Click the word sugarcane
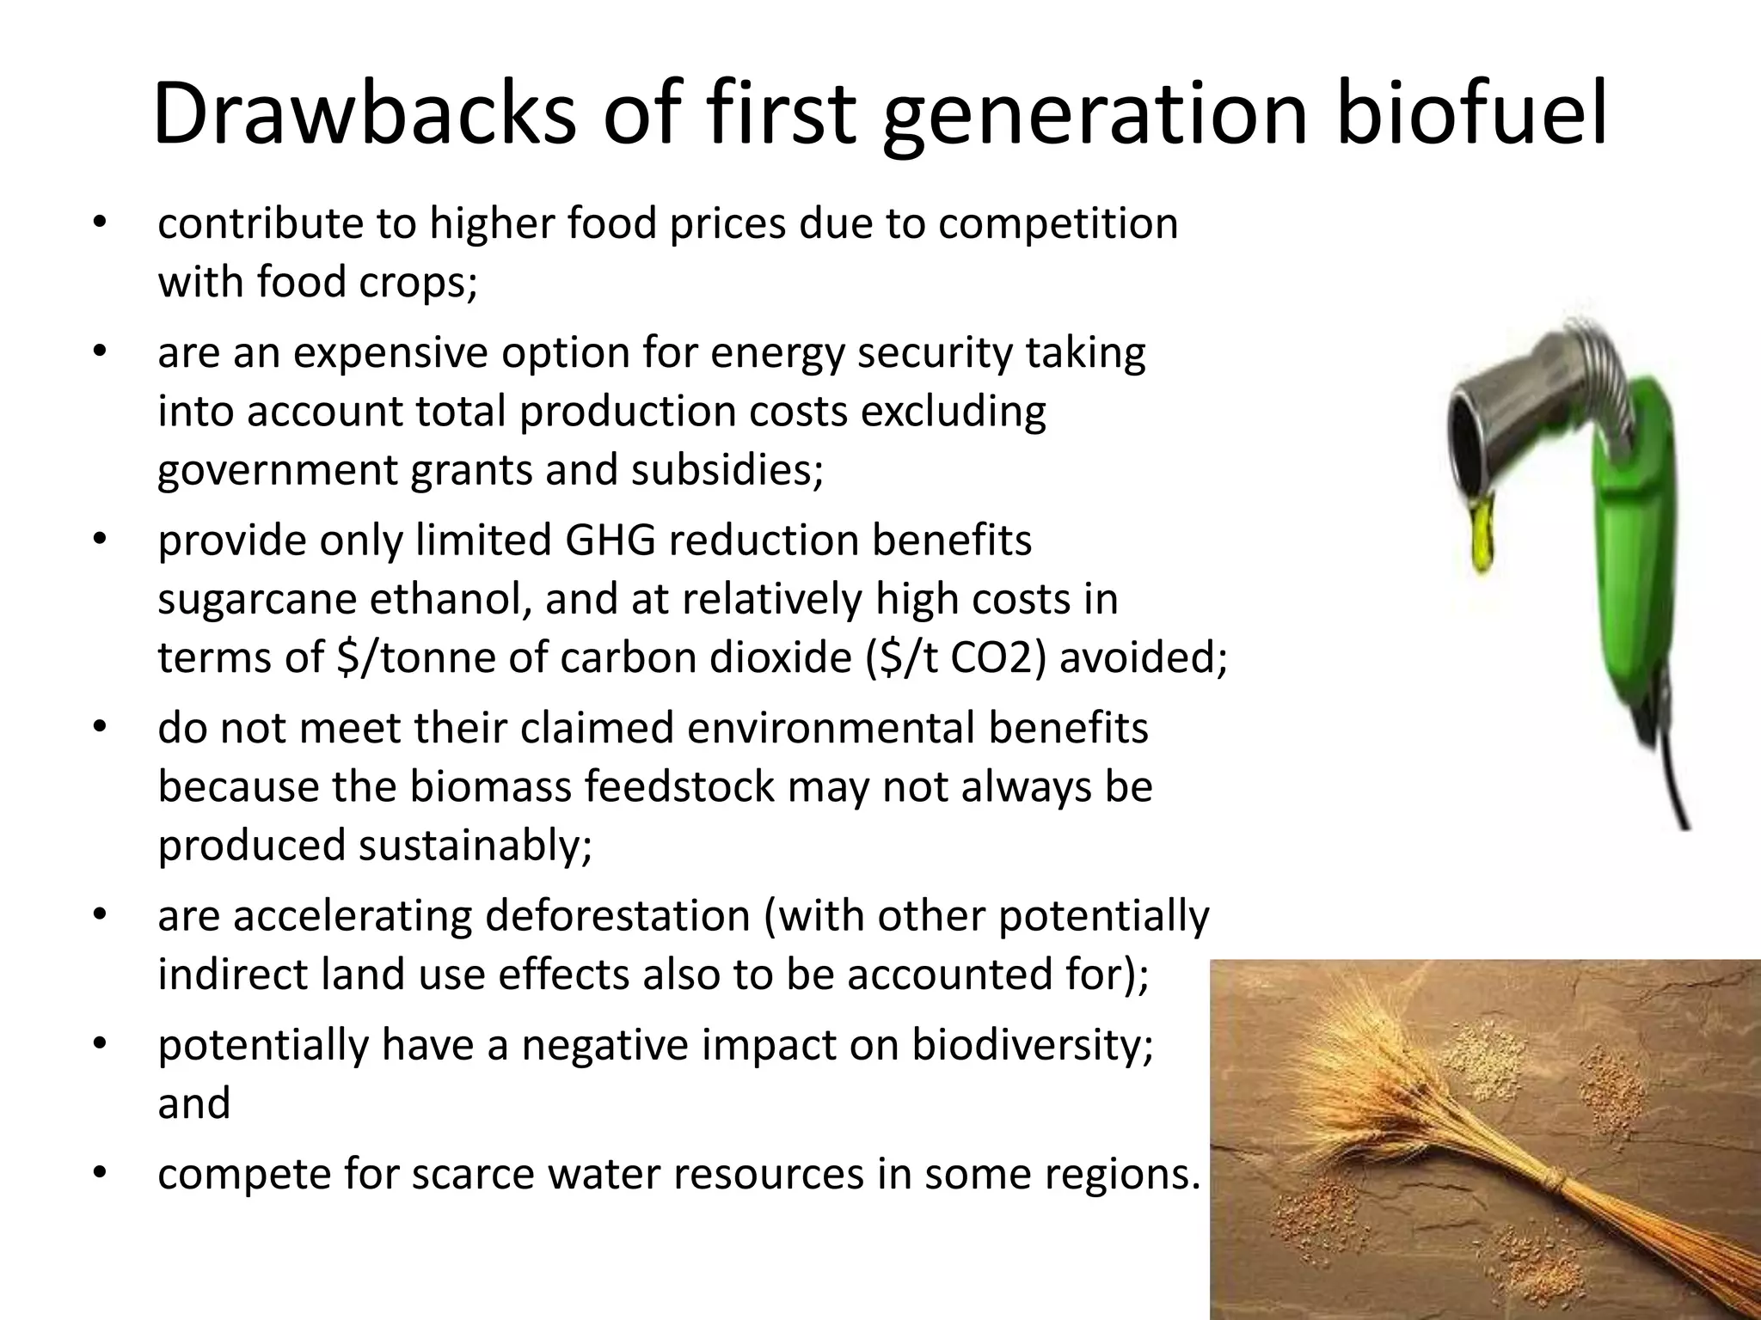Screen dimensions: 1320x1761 [258, 600]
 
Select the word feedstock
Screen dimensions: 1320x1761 [678, 787]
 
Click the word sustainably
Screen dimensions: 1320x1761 [475, 846]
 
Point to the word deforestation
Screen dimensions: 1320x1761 [617, 916]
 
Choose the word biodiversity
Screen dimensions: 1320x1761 [1032, 1045]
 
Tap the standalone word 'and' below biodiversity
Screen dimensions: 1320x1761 [194, 1103]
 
